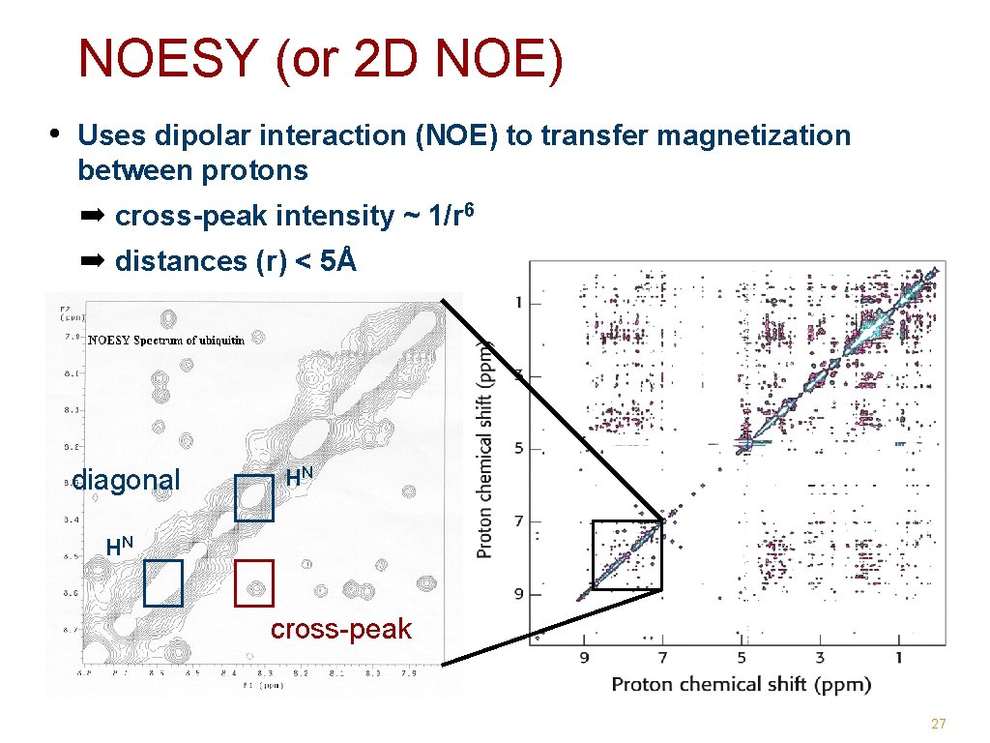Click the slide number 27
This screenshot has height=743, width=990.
[x=938, y=724]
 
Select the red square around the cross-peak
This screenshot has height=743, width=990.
[x=254, y=582]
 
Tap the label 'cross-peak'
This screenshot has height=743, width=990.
[x=340, y=630]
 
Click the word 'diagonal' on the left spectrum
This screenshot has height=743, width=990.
[x=127, y=480]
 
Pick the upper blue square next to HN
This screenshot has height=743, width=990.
[x=254, y=498]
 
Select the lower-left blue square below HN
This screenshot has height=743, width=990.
[x=163, y=583]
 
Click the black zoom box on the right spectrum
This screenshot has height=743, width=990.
[x=626, y=554]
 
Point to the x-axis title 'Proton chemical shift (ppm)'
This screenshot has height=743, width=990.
[x=741, y=684]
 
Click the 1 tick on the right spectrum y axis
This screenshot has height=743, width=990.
[x=519, y=303]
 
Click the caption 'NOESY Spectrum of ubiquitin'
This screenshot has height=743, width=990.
[x=166, y=340]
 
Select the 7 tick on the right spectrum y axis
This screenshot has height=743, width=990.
[x=519, y=521]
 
